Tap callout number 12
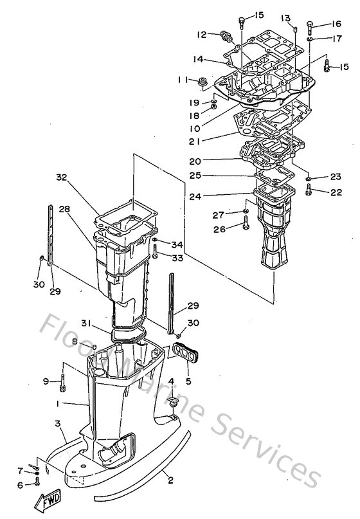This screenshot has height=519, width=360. [201, 34]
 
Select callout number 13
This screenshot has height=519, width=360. [285, 17]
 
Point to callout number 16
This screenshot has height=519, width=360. [336, 24]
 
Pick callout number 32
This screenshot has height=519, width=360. [61, 177]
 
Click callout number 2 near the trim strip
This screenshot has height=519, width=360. [169, 479]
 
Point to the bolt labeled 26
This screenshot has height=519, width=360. [246, 225]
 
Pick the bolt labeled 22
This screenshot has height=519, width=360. [309, 189]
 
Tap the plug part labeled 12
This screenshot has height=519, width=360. [225, 35]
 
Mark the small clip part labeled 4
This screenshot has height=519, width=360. [172, 402]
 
